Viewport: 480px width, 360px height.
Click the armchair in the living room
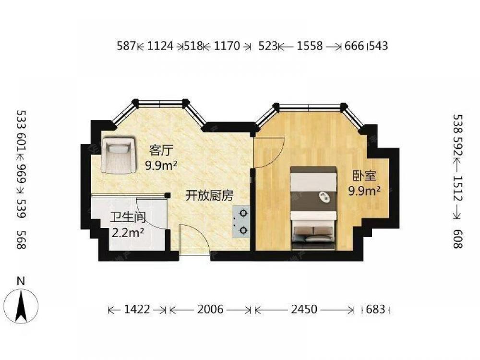coord(119,156)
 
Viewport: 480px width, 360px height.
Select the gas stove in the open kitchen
coord(241,222)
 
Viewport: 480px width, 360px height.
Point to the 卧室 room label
coord(364,176)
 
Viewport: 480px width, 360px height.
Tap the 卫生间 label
coord(128,217)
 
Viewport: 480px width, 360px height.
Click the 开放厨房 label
coord(209,196)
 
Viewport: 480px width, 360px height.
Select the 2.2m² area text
coord(128,233)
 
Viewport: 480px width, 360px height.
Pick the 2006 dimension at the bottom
coord(210,309)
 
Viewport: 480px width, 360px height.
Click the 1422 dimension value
coord(137,309)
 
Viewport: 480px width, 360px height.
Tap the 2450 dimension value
coord(304,309)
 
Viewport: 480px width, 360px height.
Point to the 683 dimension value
coord(376,309)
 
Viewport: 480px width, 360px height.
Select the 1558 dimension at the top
coord(310,46)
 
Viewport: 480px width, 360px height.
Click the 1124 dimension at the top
coord(160,46)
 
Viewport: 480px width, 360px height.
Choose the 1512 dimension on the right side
coord(458,188)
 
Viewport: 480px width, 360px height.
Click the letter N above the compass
coord(21,281)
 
